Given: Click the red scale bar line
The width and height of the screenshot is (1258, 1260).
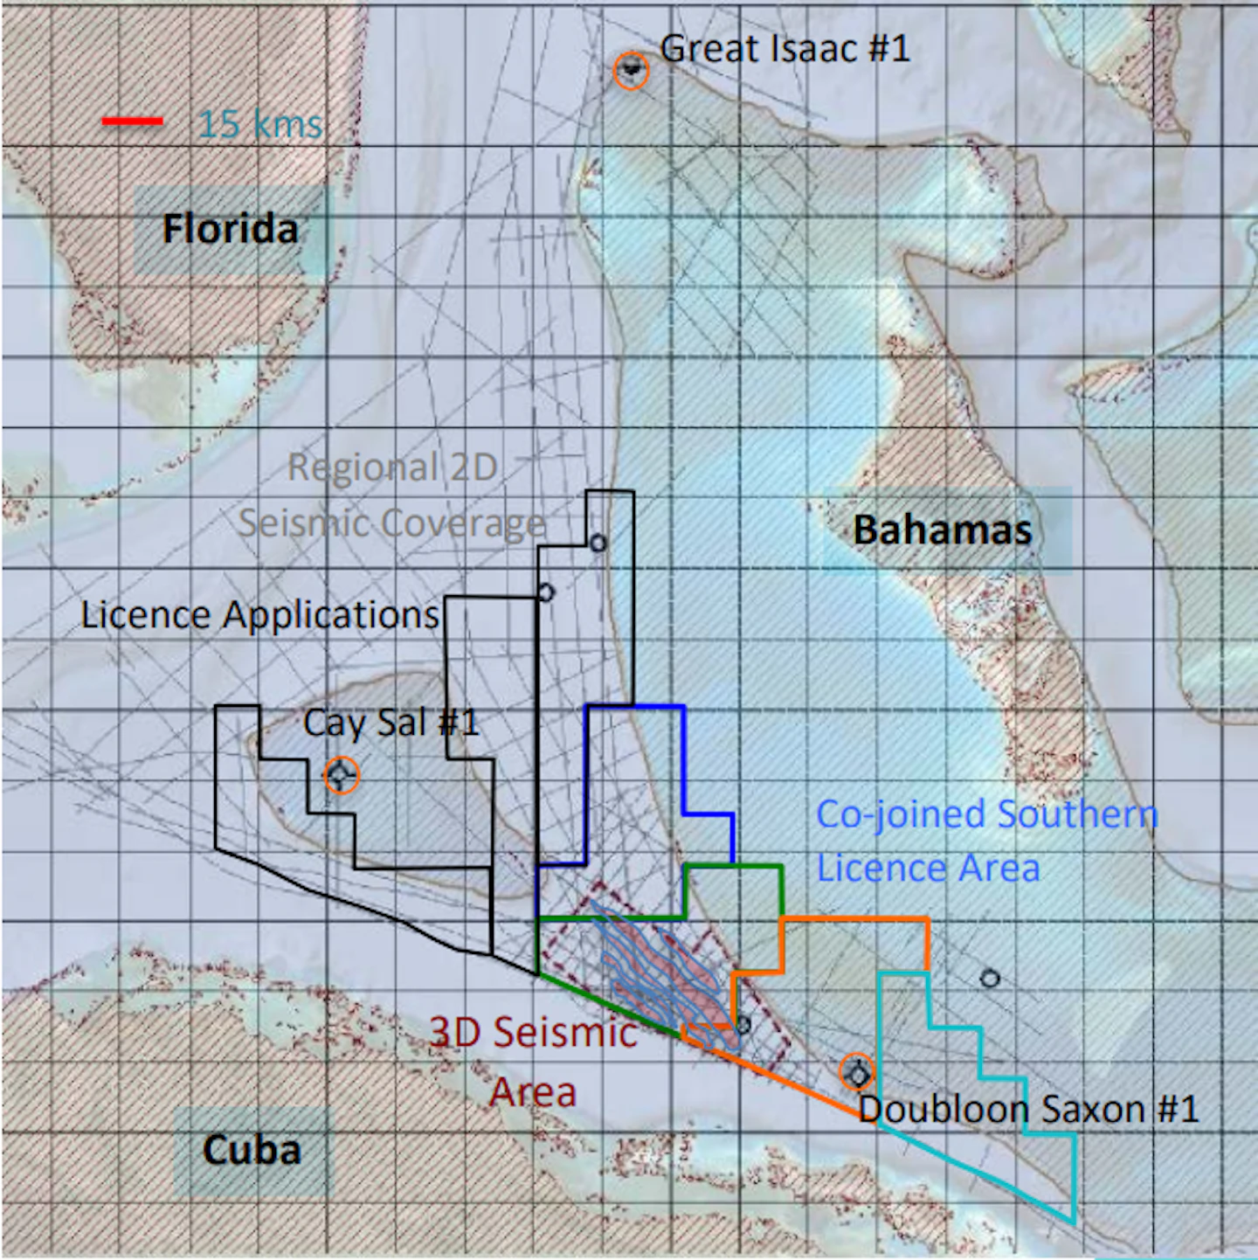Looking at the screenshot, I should click(x=133, y=121).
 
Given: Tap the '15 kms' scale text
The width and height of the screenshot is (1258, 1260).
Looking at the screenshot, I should click(x=260, y=124).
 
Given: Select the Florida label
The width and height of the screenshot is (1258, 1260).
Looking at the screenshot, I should click(x=231, y=229).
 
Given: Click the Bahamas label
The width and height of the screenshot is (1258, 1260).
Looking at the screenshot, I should click(x=942, y=530).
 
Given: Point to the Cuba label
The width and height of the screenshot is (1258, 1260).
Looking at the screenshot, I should click(x=252, y=1149).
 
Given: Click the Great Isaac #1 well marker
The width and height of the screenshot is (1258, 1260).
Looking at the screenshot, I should click(x=631, y=71).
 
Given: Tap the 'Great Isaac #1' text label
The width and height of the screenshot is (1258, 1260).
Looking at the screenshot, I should click(x=785, y=48).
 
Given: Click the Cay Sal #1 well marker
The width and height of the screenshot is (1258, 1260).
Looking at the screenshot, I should click(x=341, y=775).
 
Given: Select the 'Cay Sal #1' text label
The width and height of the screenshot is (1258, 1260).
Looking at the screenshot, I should click(x=391, y=723).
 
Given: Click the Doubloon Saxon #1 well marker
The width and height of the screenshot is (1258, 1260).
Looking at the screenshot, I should click(x=857, y=1073).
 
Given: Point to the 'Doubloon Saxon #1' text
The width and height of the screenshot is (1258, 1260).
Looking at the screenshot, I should click(x=1028, y=1109).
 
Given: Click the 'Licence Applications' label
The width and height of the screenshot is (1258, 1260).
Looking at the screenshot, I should click(x=260, y=615).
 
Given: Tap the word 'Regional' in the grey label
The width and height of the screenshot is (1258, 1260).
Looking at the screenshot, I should click(x=363, y=467).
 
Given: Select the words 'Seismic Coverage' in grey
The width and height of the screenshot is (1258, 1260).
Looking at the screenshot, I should click(x=391, y=523).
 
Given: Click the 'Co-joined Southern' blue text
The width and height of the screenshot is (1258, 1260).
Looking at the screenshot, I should click(x=987, y=814).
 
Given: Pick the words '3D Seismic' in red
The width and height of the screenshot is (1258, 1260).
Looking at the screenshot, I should click(x=533, y=1033).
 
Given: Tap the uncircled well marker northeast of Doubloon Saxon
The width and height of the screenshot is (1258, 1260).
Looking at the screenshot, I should click(x=989, y=978).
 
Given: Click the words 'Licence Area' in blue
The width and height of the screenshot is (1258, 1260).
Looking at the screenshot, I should click(x=928, y=869).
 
